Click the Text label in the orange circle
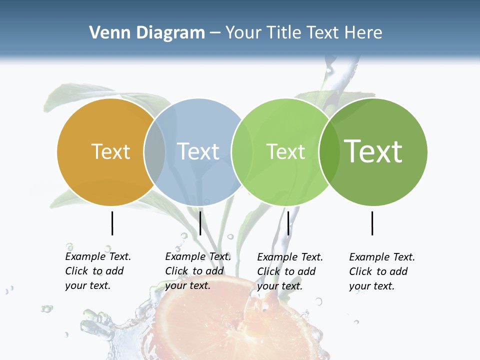(110, 151)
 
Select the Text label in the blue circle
(198, 151)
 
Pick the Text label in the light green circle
(285, 151)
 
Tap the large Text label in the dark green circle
(373, 151)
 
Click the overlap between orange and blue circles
(154, 152)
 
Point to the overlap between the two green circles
(328, 152)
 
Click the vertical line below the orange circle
(112, 223)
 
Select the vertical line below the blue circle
(200, 223)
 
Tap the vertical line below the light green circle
(288, 223)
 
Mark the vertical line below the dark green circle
(372, 223)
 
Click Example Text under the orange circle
(98, 256)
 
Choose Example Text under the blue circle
(198, 256)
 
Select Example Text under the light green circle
(290, 257)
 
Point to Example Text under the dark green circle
(382, 257)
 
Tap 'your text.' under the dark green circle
(371, 286)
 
